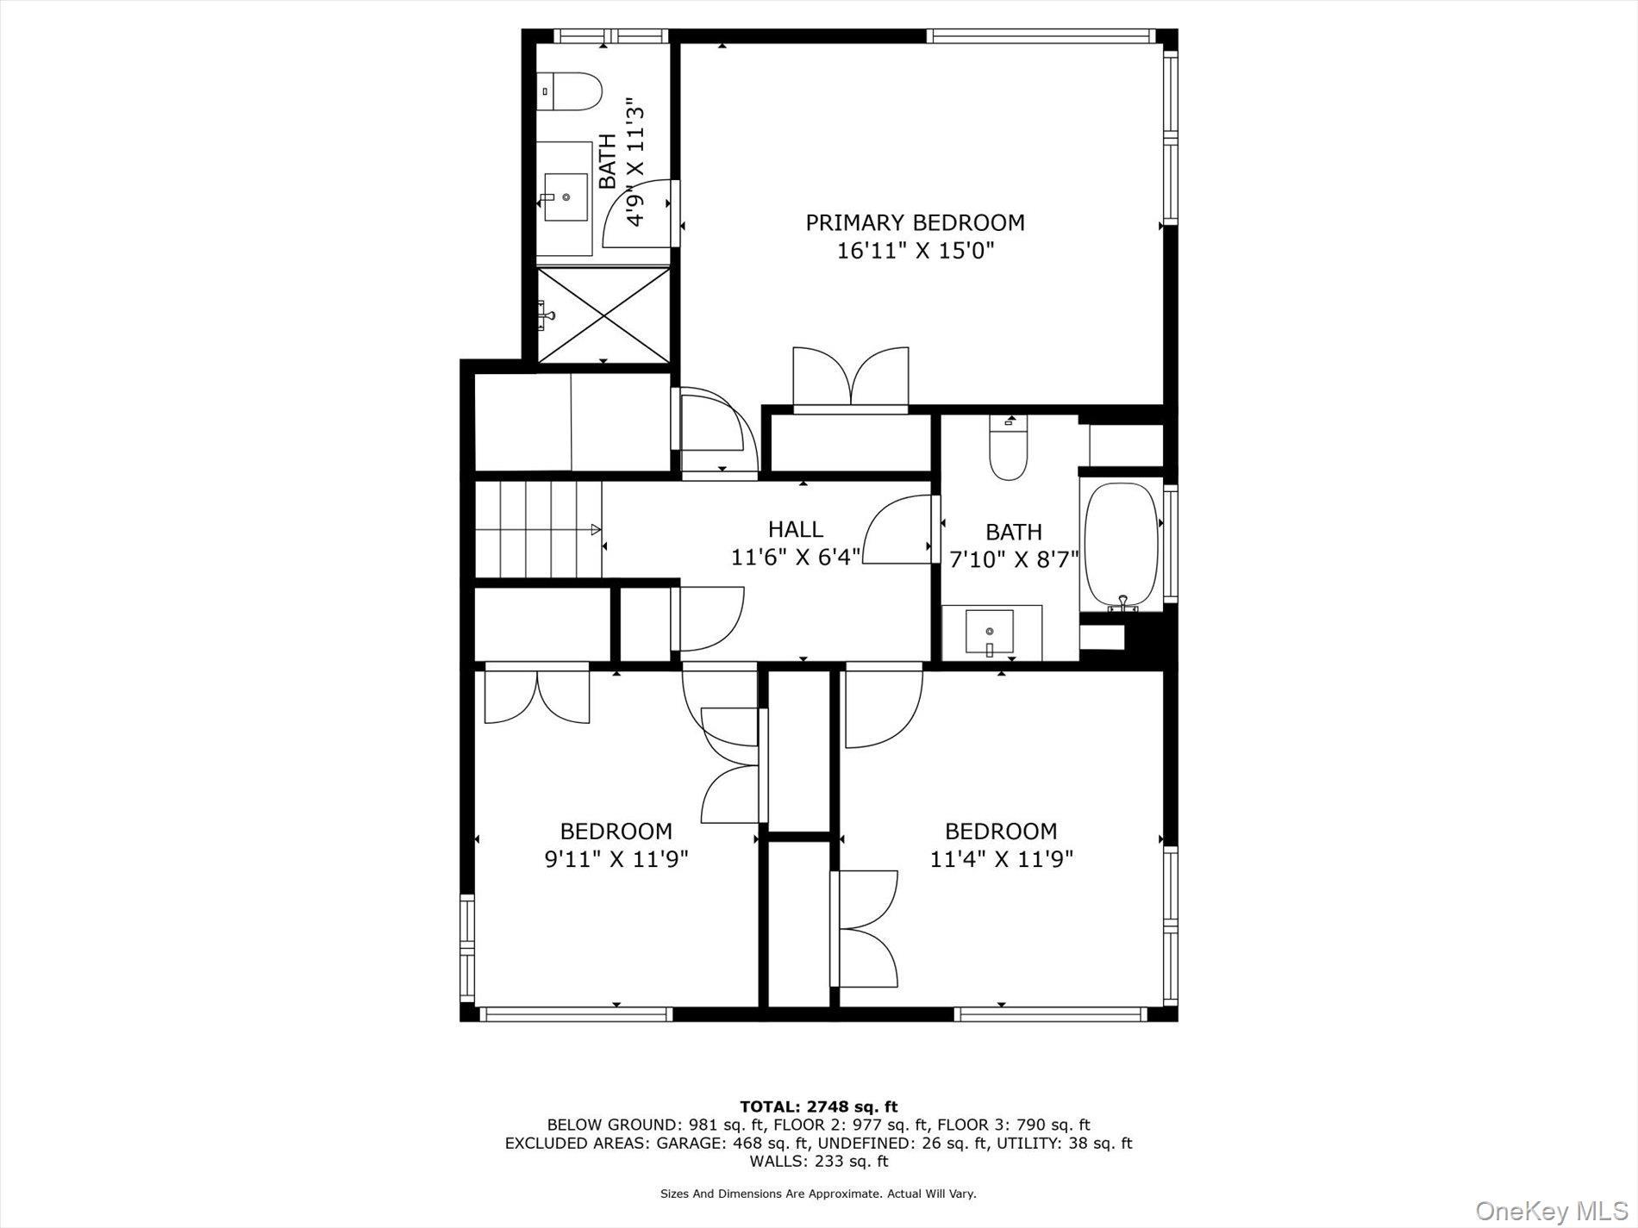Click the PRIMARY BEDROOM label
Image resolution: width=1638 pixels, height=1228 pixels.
[x=915, y=222]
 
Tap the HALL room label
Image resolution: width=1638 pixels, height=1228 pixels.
[x=795, y=528]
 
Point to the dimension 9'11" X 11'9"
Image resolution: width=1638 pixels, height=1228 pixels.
[x=616, y=859]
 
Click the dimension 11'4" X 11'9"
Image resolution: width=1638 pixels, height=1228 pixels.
[x=1001, y=859]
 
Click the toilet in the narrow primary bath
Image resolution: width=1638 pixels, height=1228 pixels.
[x=571, y=90]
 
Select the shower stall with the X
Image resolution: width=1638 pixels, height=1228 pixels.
[x=603, y=314]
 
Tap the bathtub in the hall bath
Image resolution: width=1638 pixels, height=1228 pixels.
[x=1121, y=544]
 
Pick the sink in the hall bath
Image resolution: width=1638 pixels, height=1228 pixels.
[x=990, y=632]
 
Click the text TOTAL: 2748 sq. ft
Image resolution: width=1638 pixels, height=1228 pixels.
[x=818, y=1106]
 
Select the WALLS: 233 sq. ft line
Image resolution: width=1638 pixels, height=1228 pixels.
[x=818, y=1161]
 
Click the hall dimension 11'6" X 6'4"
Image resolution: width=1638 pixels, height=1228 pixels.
[x=795, y=558]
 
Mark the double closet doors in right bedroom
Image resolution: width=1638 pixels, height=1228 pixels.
[x=867, y=929]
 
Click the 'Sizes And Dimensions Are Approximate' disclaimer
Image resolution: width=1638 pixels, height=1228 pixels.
[x=818, y=1194]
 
